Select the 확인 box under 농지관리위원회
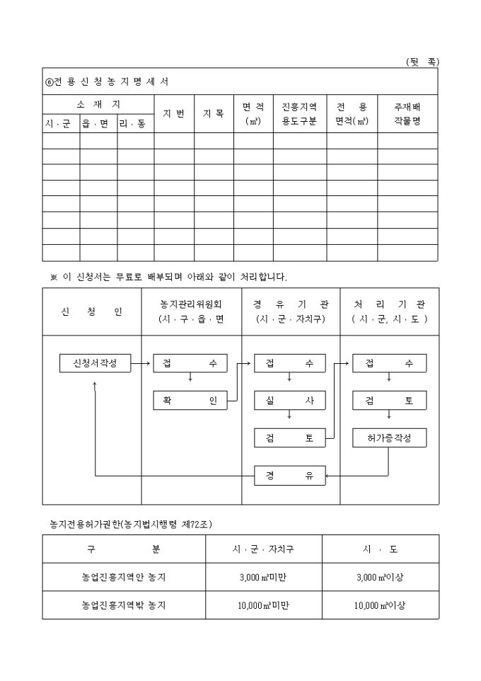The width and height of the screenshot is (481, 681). click(190, 401)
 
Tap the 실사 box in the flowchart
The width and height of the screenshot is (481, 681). click(290, 401)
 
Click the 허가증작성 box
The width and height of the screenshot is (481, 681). click(389, 438)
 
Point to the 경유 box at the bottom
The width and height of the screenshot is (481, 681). click(290, 476)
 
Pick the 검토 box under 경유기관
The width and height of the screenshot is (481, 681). click(290, 438)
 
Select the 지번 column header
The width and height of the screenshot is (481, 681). click(174, 113)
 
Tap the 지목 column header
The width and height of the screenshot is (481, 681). click(214, 113)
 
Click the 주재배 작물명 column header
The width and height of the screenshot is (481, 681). click(407, 113)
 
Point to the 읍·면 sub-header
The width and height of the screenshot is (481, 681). click(98, 124)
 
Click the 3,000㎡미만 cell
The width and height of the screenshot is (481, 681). click(263, 578)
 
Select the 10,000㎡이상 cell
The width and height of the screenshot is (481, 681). click(380, 606)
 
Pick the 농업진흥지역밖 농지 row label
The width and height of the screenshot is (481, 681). click(124, 606)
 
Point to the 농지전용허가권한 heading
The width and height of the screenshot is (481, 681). click(132, 525)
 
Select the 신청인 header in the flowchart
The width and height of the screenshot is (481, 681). click(93, 311)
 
